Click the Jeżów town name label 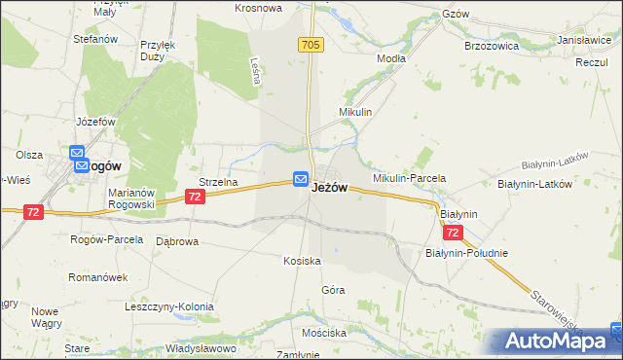tap(329, 188)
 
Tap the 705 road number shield tap(311, 46)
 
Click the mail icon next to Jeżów tap(301, 179)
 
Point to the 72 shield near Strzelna tap(196, 198)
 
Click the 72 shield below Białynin tap(452, 234)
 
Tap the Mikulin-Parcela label tap(409, 179)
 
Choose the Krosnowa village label tap(258, 8)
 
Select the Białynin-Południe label tap(466, 253)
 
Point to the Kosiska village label tap(302, 262)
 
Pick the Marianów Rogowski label tap(132, 198)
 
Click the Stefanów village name tap(95, 40)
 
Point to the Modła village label tap(391, 58)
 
